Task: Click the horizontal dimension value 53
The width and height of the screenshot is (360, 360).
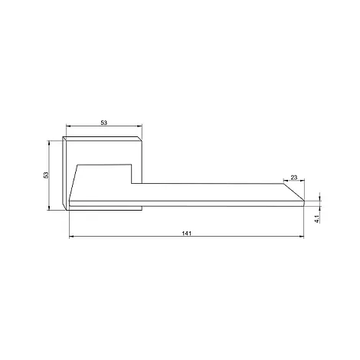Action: (103, 123)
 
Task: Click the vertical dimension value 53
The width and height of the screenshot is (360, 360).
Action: (46, 175)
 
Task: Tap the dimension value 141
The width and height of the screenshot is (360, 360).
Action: (187, 234)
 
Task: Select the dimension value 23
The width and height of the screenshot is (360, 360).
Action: (294, 177)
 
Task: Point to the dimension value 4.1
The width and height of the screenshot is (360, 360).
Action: (317, 219)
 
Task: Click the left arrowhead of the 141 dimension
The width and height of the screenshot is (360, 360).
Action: (71, 237)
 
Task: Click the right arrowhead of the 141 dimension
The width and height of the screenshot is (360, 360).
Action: (302, 237)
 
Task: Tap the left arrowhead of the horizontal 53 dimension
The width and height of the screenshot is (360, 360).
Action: (68, 126)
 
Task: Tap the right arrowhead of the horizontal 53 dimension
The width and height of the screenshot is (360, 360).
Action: (139, 126)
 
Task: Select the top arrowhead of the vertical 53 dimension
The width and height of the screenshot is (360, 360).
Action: (49, 142)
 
